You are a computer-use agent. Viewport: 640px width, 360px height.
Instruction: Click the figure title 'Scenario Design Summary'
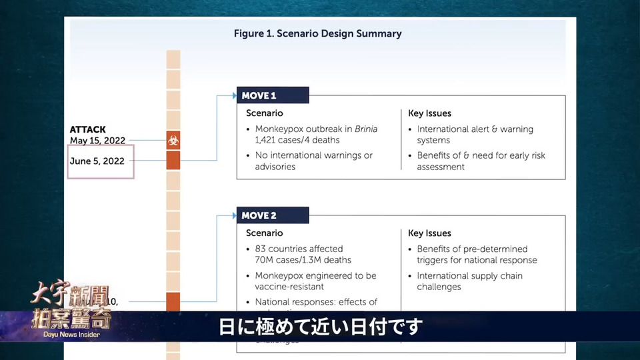point(317,33)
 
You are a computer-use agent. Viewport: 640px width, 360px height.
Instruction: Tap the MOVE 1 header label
point(259,95)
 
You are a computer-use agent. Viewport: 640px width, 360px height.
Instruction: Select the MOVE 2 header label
point(259,215)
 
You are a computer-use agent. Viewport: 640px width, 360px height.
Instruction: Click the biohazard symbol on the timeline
point(173,141)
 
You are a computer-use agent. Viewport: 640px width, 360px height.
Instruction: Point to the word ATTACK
point(87,129)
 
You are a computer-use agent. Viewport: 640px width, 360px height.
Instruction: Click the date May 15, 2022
point(97,141)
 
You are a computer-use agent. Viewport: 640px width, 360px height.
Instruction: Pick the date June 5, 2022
point(97,161)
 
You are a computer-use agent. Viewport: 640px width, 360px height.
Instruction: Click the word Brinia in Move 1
point(366,129)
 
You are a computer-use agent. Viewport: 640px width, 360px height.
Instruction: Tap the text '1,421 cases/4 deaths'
point(297,140)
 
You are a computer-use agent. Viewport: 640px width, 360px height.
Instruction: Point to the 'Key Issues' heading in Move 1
point(429,113)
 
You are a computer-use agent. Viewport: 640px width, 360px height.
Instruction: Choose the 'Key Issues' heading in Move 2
point(429,233)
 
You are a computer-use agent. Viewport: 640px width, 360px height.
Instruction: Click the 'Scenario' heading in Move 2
point(264,233)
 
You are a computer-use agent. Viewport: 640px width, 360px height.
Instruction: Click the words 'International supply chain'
point(469,275)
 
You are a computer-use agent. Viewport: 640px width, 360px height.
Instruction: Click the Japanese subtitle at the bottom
point(320,327)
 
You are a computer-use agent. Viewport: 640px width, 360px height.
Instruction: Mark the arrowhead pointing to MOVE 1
point(235,95)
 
